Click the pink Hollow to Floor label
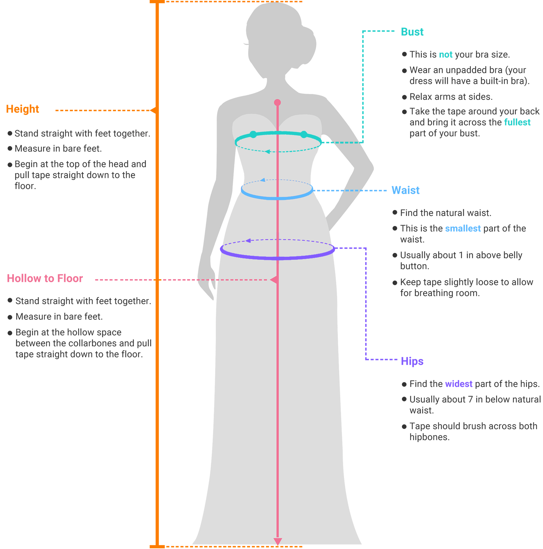[45, 278]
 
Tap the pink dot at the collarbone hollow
[277, 103]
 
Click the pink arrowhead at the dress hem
[278, 541]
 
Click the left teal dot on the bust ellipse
[253, 134]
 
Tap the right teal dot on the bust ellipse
[304, 134]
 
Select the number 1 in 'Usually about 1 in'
[461, 255]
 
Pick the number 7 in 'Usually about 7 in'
[470, 399]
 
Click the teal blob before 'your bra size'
[446, 55]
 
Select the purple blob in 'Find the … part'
[458, 384]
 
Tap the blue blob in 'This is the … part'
[463, 229]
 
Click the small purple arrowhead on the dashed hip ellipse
[248, 240]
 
